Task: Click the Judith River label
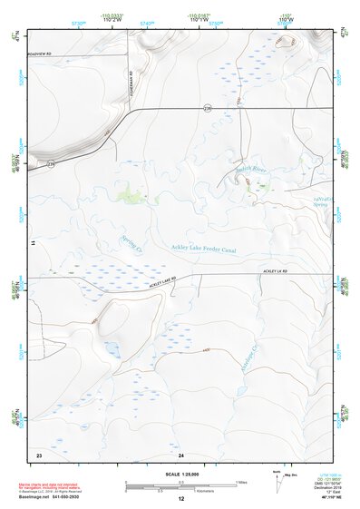tap(254, 170)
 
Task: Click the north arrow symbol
tap(275, 477)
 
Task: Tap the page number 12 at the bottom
tap(180, 499)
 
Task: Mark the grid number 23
tap(39, 454)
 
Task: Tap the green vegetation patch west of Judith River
tap(133, 192)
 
